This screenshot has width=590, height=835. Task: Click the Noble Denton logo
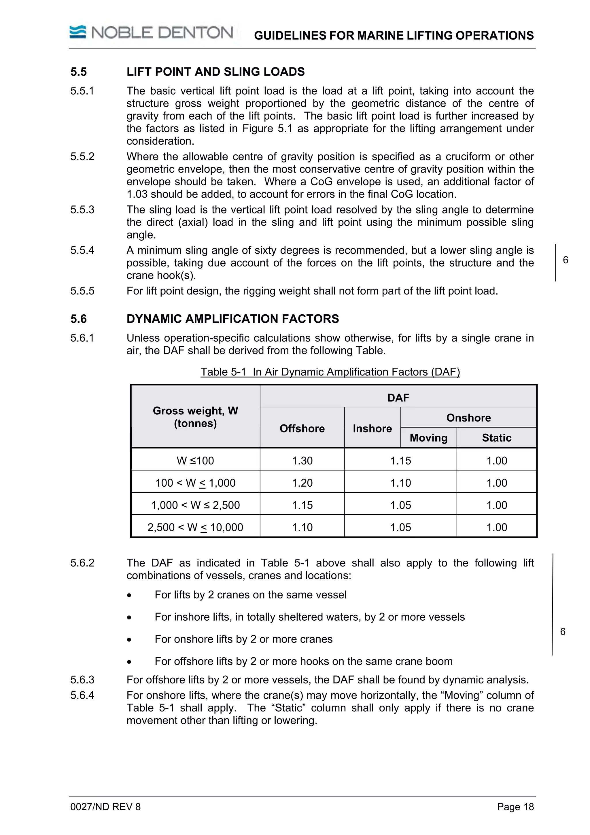point(151,33)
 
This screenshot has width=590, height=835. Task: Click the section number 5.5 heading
point(79,72)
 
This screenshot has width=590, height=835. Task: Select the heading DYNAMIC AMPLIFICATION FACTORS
point(233,319)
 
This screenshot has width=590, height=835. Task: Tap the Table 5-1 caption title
point(330,372)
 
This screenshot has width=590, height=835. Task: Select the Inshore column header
point(372,428)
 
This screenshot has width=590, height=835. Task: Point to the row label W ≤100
point(195,460)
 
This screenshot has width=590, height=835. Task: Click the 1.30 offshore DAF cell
point(302,460)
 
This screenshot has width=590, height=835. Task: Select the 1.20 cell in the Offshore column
point(302,483)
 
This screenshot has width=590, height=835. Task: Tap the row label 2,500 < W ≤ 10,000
point(195,527)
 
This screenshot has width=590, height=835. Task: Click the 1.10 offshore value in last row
point(302,527)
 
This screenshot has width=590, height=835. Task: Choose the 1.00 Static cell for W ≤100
point(497,460)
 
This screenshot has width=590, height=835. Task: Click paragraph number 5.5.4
point(82,250)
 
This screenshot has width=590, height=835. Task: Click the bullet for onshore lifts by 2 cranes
point(129,640)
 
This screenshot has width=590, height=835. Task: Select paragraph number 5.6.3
point(82,680)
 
